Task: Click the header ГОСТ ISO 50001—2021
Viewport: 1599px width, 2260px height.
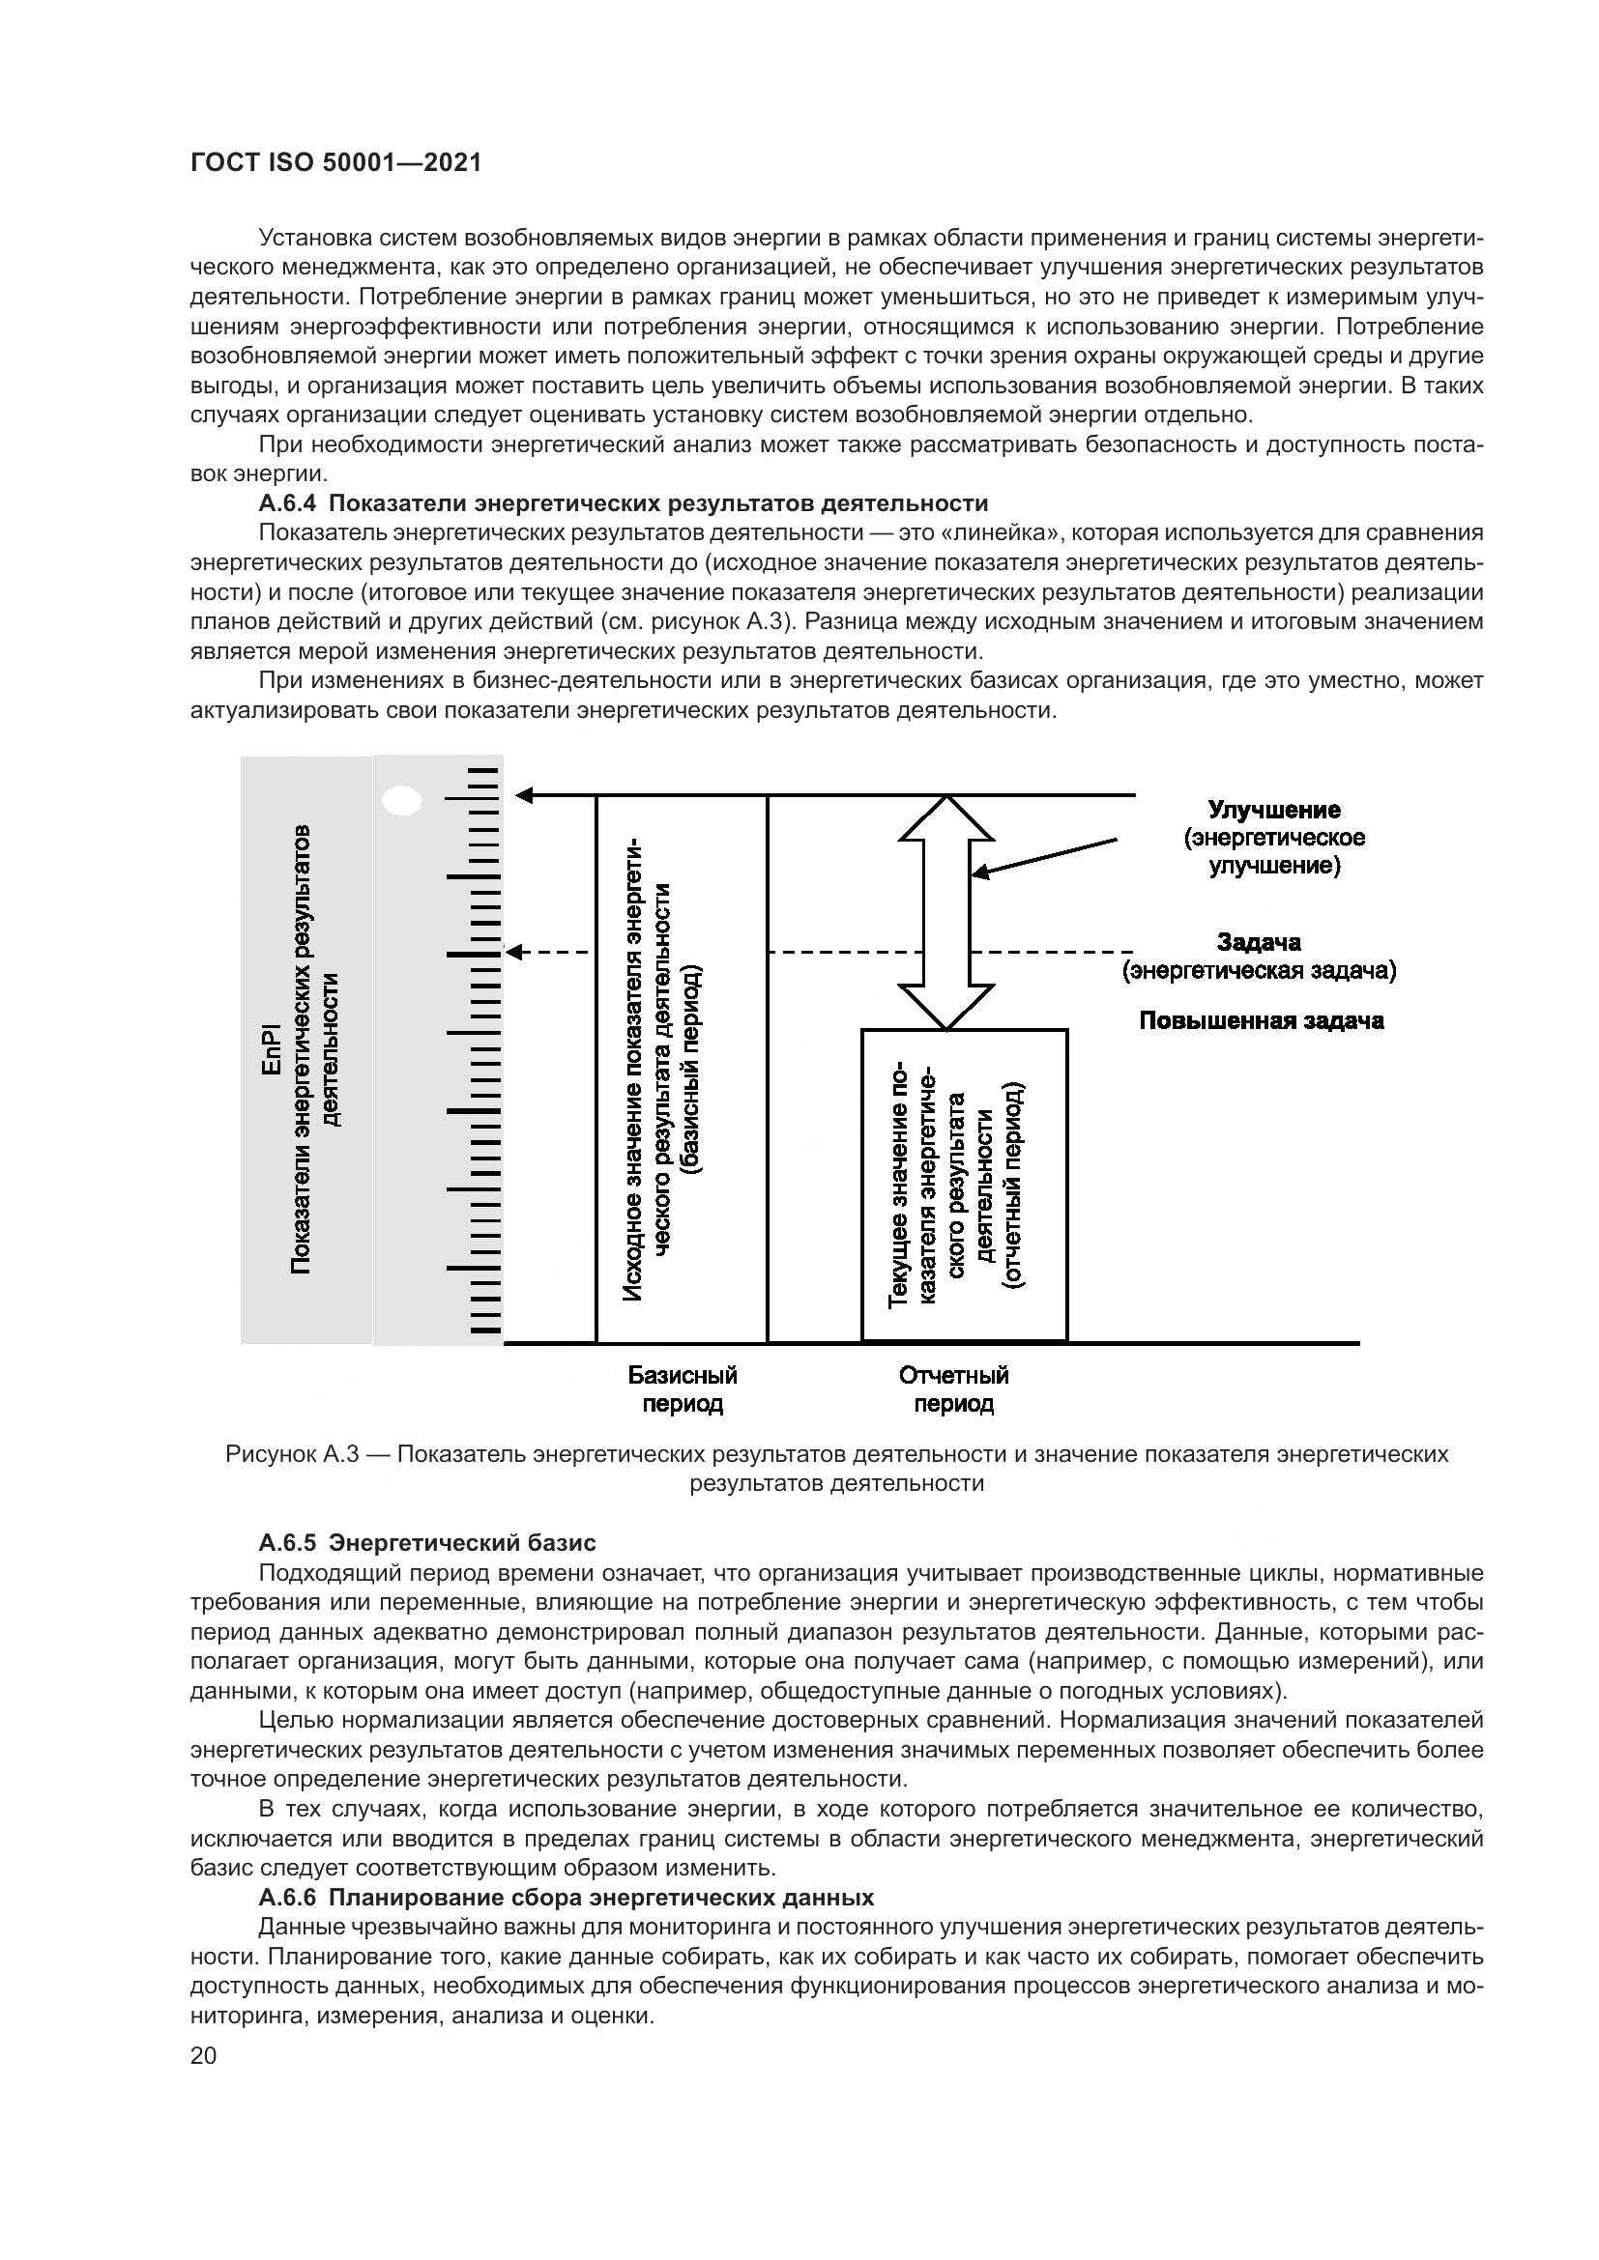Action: (335, 163)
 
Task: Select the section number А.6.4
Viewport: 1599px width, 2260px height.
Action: (287, 504)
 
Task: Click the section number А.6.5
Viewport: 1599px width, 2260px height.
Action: (287, 1541)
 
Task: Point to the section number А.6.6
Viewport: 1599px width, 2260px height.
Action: (287, 1897)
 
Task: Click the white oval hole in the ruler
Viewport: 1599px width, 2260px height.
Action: (402, 800)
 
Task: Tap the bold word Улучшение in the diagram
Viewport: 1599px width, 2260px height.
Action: (1274, 810)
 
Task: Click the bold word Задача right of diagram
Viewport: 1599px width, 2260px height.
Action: (1260, 942)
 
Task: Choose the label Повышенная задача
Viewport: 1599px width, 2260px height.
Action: (1262, 1020)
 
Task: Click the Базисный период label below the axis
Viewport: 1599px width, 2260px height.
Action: (683, 1388)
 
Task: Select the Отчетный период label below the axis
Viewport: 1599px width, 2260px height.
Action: (953, 1388)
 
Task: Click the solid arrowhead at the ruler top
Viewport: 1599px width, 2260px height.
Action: (525, 795)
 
